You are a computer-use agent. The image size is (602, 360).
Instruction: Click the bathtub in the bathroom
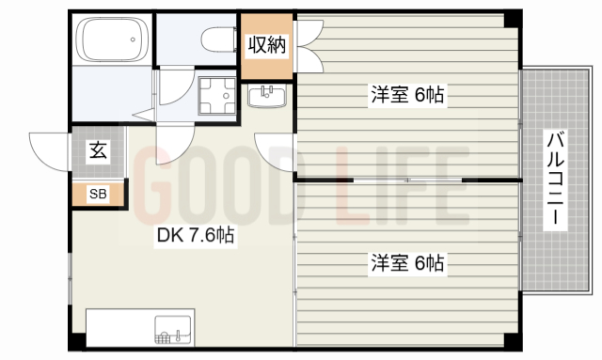click(112, 40)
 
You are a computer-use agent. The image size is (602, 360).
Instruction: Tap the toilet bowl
click(218, 39)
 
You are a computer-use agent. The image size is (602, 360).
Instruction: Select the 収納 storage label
click(267, 44)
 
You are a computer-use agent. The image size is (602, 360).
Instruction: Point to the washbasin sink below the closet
click(269, 95)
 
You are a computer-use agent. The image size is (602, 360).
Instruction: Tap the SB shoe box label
click(98, 195)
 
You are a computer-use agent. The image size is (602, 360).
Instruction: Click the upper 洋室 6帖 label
click(406, 94)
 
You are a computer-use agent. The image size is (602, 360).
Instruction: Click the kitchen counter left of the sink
click(118, 328)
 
